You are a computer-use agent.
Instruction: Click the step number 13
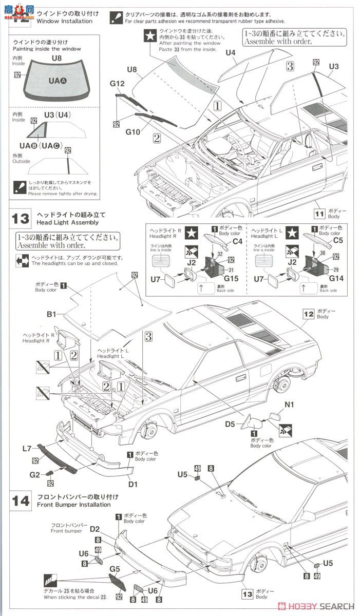21,219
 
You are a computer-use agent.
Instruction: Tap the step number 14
21,500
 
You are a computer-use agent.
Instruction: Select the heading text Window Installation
64,22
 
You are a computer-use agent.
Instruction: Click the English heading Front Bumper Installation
73,505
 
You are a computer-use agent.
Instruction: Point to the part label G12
118,84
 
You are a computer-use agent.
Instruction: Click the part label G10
133,132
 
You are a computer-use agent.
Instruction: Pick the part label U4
231,53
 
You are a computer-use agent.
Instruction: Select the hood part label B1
52,312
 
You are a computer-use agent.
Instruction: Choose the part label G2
34,475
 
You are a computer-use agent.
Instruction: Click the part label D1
133,484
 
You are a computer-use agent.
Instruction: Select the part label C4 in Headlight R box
237,241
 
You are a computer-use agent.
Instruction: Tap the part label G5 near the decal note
115,569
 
